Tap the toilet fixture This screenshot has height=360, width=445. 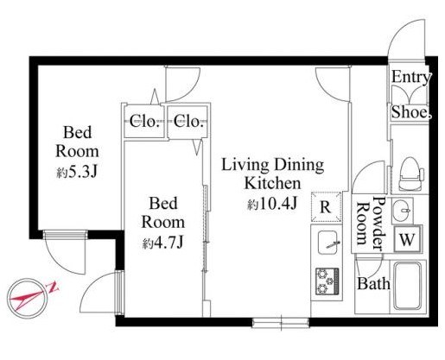410,174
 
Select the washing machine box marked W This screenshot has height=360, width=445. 407,239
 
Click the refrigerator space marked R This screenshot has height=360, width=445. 326,206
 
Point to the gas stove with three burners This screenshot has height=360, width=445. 327,281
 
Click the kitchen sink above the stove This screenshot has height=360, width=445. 327,243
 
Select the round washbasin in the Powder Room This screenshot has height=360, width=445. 402,211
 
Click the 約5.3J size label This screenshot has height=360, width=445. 77,172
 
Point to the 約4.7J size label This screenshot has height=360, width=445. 162,243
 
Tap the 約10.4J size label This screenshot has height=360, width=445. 272,205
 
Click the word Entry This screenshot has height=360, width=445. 411,77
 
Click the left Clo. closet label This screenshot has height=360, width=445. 144,121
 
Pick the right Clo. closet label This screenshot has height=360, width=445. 188,121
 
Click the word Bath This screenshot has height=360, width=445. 373,283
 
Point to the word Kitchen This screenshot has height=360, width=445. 272,183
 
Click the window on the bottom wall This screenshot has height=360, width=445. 281,323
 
